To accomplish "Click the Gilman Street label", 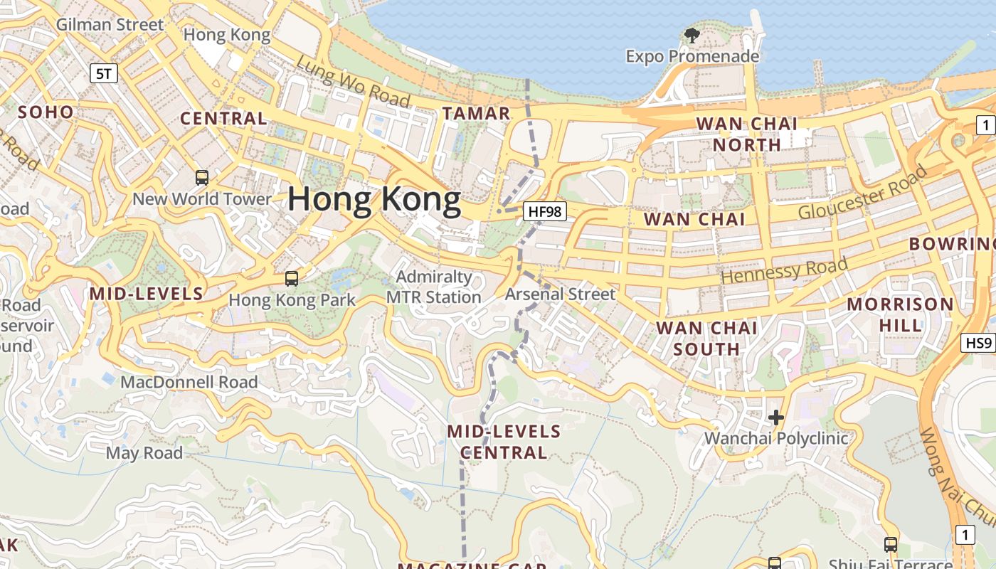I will [x=110, y=25].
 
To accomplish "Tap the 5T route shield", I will [x=104, y=73].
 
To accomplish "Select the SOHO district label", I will [x=46, y=112].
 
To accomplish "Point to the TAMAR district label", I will [x=476, y=113].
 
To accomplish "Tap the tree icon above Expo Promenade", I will [x=692, y=35].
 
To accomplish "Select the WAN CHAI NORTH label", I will [x=746, y=134].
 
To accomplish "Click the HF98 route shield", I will [x=544, y=211].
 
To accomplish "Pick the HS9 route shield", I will [x=978, y=343].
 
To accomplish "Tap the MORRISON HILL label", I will [x=900, y=314].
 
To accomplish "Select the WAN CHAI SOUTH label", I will [x=706, y=339].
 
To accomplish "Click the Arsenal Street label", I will [x=560, y=294].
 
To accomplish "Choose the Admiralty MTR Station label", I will [x=434, y=287].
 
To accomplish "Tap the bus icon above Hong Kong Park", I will [x=291, y=278].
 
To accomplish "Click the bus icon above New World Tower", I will [x=202, y=177].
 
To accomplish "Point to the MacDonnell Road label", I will [x=189, y=382].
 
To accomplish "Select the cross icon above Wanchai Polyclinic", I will [x=775, y=418].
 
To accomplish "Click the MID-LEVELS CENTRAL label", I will [x=504, y=442].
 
